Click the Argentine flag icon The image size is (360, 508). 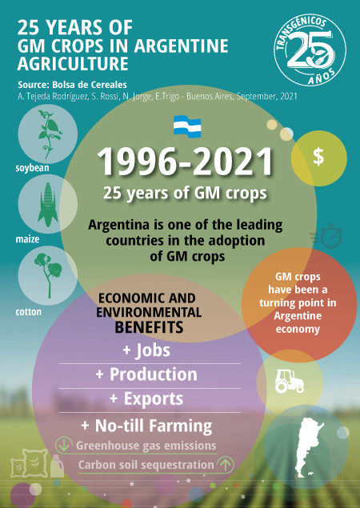[x=187, y=126]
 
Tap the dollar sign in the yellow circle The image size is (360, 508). [x=318, y=157]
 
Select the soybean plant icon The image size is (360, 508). [x=50, y=134]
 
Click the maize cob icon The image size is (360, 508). [x=48, y=204]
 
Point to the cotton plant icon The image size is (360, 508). [x=49, y=275]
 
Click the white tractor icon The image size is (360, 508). [x=289, y=382]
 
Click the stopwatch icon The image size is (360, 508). [x=326, y=236]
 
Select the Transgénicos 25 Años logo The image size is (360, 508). [x=310, y=50]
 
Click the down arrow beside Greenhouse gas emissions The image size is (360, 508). [x=64, y=445]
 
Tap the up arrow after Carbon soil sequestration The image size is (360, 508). [x=226, y=465]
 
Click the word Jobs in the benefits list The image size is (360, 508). [x=153, y=350]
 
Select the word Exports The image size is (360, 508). [x=154, y=399]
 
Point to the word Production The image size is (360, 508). [x=154, y=374]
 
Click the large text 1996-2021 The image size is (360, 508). [x=185, y=162]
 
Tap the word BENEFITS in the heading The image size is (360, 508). [x=149, y=327]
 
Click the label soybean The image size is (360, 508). [x=33, y=168]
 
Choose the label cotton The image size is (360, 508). [x=29, y=312]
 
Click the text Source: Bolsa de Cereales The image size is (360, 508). [x=72, y=85]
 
